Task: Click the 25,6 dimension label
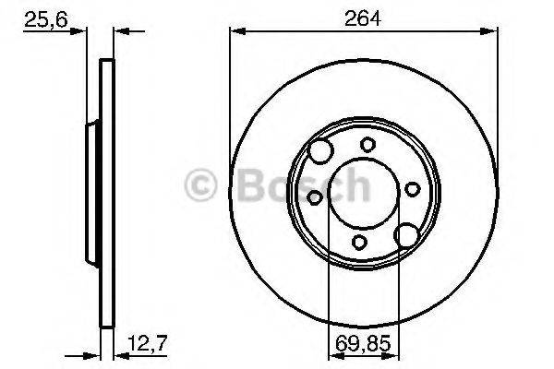click(45, 19)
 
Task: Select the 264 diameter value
click(363, 18)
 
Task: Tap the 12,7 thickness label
click(147, 343)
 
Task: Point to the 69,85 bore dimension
click(363, 343)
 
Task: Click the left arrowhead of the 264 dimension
click(237, 31)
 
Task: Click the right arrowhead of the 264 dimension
click(489, 31)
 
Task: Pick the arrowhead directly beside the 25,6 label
click(78, 31)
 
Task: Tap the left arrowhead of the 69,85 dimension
click(336, 356)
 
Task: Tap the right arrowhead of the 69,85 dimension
click(391, 356)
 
